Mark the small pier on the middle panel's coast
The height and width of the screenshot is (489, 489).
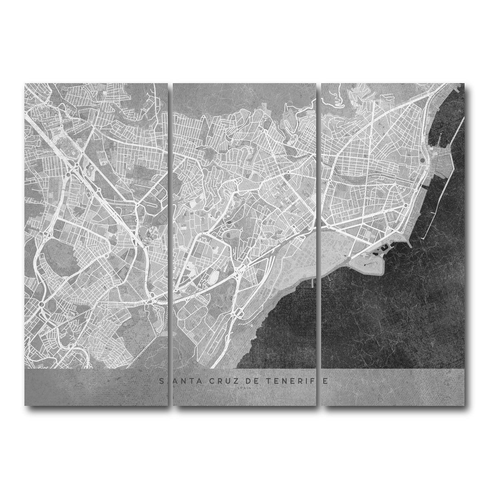tap(312, 282)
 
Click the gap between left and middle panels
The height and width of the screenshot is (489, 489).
tap(170, 244)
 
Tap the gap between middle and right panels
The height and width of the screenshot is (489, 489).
tap(318, 244)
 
